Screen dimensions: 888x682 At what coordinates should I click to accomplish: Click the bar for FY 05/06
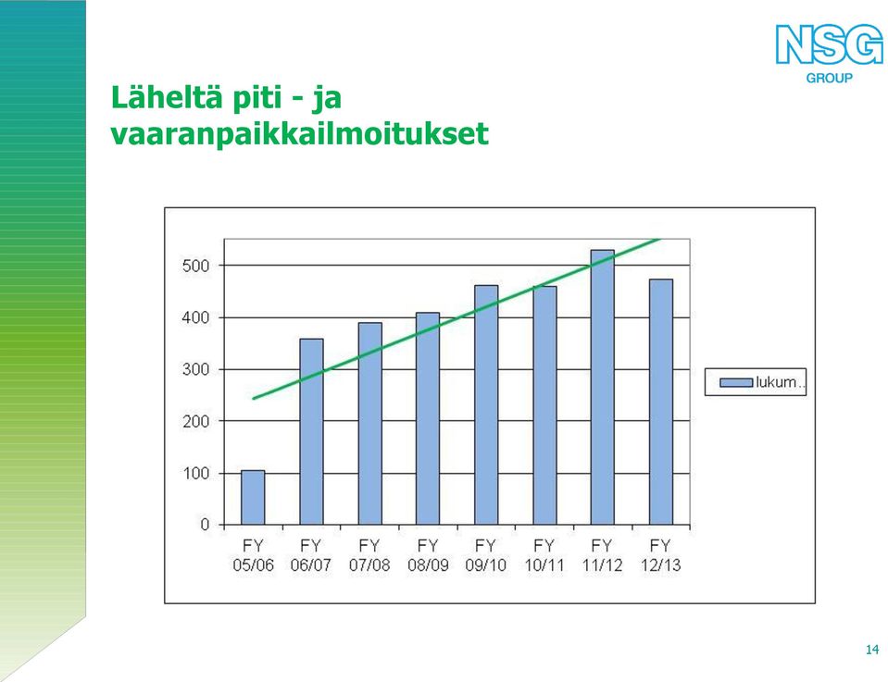point(253,498)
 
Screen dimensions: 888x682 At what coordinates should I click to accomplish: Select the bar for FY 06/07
point(311,432)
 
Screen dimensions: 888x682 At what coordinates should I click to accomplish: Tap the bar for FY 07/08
point(369,424)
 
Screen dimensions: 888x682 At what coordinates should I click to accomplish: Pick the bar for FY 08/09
point(428,419)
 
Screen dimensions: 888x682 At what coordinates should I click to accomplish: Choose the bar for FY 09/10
point(486,405)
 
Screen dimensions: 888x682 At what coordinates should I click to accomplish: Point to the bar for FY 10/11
point(544,406)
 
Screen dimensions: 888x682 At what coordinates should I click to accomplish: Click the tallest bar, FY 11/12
point(603,388)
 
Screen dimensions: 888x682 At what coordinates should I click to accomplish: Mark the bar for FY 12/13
point(661,402)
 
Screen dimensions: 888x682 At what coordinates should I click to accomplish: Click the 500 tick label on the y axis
point(195,266)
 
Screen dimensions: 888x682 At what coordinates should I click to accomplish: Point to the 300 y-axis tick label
point(195,369)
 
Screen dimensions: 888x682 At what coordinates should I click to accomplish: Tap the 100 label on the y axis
point(195,473)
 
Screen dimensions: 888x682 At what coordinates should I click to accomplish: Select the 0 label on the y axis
point(205,525)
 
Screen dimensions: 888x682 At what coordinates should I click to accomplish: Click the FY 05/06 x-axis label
point(253,555)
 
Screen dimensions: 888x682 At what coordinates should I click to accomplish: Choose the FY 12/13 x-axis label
point(661,555)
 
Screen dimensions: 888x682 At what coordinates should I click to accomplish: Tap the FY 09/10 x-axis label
point(486,555)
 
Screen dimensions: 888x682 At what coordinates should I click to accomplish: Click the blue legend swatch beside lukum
point(736,382)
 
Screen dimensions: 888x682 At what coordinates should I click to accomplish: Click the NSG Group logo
point(829,54)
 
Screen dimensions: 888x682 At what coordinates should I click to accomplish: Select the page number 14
point(872,650)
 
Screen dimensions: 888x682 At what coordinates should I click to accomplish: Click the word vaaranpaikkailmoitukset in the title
point(300,134)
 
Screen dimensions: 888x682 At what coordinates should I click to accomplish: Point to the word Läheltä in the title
point(167,97)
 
